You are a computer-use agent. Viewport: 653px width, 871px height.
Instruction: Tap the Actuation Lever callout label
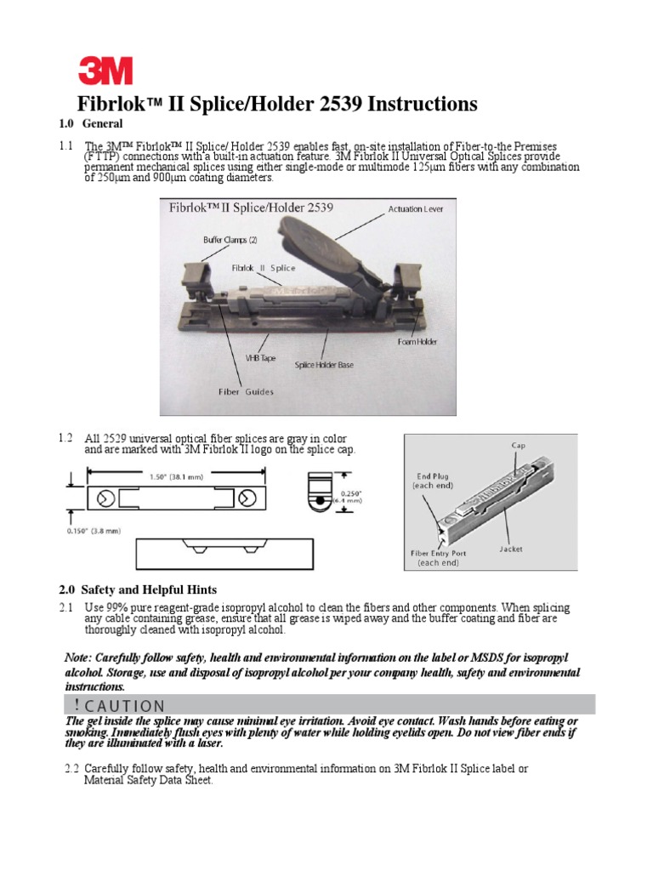click(x=416, y=208)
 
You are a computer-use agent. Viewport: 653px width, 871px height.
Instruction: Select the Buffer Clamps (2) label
click(x=230, y=240)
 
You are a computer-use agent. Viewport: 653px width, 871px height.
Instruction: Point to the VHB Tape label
click(x=260, y=358)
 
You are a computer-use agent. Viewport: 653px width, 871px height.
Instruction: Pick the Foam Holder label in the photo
click(x=417, y=342)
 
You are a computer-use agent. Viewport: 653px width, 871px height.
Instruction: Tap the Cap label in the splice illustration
click(x=518, y=445)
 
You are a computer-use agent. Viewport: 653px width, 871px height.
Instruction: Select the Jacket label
click(x=511, y=549)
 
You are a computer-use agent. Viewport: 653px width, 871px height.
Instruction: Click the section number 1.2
click(x=66, y=438)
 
